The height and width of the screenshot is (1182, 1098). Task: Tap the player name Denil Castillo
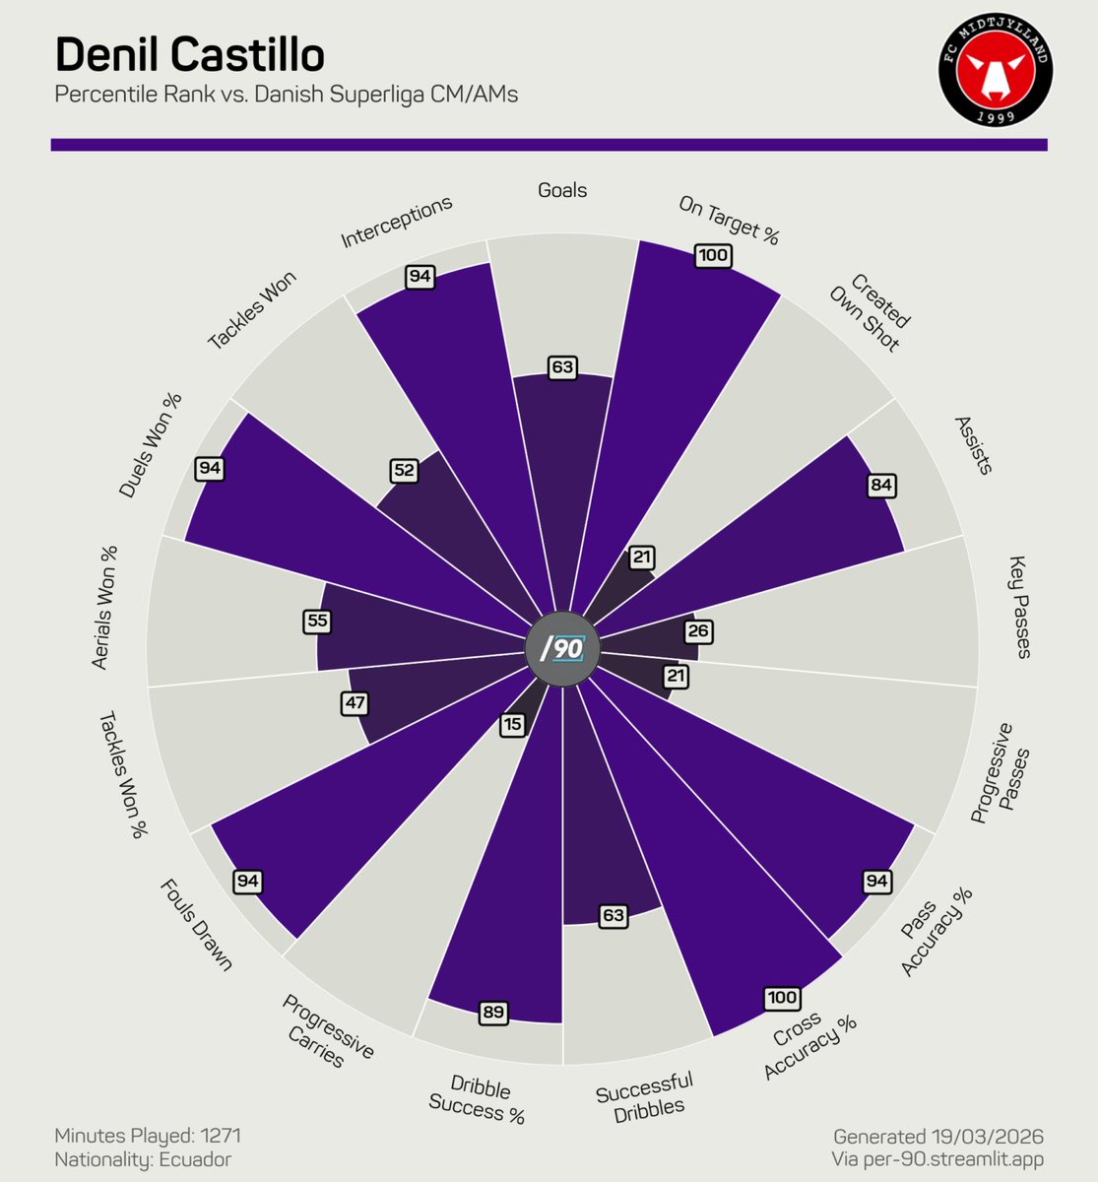pyautogui.click(x=189, y=55)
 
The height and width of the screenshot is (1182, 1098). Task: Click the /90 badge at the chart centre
pyautogui.click(x=562, y=649)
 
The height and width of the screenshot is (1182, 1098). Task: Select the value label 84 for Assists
pyautogui.click(x=881, y=486)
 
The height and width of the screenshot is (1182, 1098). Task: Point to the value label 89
pyautogui.click(x=493, y=1012)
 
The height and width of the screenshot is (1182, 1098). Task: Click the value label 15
pyautogui.click(x=512, y=725)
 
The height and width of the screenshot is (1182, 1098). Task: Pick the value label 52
pyautogui.click(x=404, y=471)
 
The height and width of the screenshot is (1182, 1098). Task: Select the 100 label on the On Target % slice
pyautogui.click(x=712, y=256)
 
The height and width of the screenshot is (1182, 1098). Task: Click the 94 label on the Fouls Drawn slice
pyautogui.click(x=247, y=881)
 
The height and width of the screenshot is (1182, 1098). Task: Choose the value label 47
pyautogui.click(x=355, y=703)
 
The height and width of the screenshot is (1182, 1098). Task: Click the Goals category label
pyautogui.click(x=562, y=190)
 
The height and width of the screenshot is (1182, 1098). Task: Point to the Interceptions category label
pyautogui.click(x=397, y=222)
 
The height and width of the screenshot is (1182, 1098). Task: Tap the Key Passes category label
pyautogui.click(x=1018, y=607)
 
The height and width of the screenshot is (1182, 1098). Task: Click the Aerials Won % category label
pyautogui.click(x=103, y=608)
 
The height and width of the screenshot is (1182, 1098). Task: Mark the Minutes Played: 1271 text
pyautogui.click(x=148, y=1136)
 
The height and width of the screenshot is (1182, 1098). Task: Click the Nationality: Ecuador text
pyautogui.click(x=143, y=1159)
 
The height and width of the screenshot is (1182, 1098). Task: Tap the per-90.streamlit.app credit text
pyautogui.click(x=937, y=1159)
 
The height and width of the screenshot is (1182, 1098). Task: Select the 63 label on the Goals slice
pyautogui.click(x=562, y=367)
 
